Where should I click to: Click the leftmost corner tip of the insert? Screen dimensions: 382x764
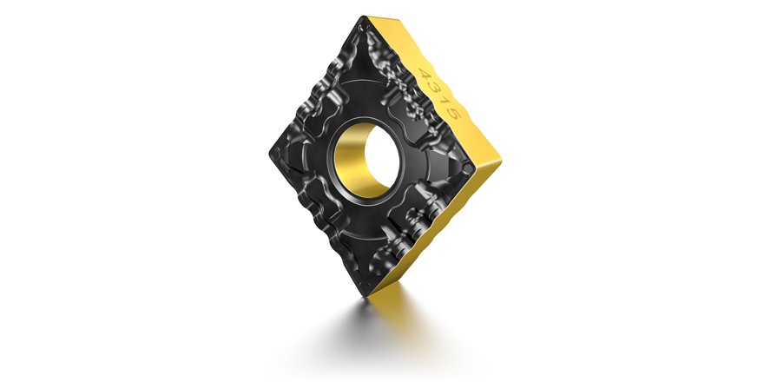pos(267,157)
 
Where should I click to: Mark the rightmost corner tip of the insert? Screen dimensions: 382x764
pos(502,160)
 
